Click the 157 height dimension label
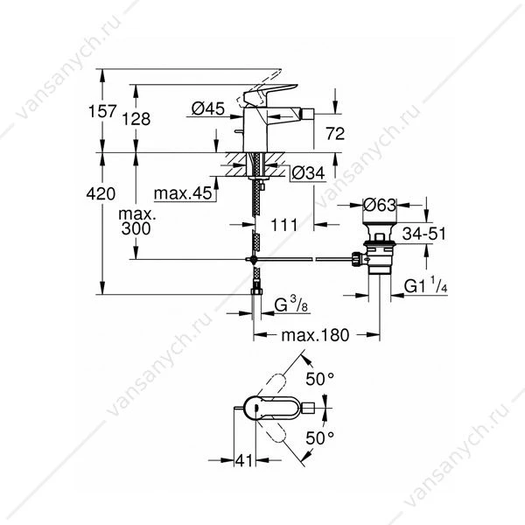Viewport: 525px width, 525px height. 102,111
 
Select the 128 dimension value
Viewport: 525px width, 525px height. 136,119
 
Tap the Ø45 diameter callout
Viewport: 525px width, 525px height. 208,108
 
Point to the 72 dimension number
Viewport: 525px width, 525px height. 335,134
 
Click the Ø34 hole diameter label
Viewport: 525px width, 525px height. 308,173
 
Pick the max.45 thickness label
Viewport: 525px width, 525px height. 183,193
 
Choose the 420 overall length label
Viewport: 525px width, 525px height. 101,193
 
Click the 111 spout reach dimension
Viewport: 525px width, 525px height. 283,225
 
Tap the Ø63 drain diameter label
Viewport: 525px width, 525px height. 380,205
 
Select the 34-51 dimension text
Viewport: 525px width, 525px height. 424,234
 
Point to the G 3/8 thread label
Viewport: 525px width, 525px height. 291,305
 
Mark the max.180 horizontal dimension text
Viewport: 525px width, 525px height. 315,335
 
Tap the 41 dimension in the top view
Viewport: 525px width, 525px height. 244,461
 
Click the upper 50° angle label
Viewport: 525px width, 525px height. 319,379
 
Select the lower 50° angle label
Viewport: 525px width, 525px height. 319,437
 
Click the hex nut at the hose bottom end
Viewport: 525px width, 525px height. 256,291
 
